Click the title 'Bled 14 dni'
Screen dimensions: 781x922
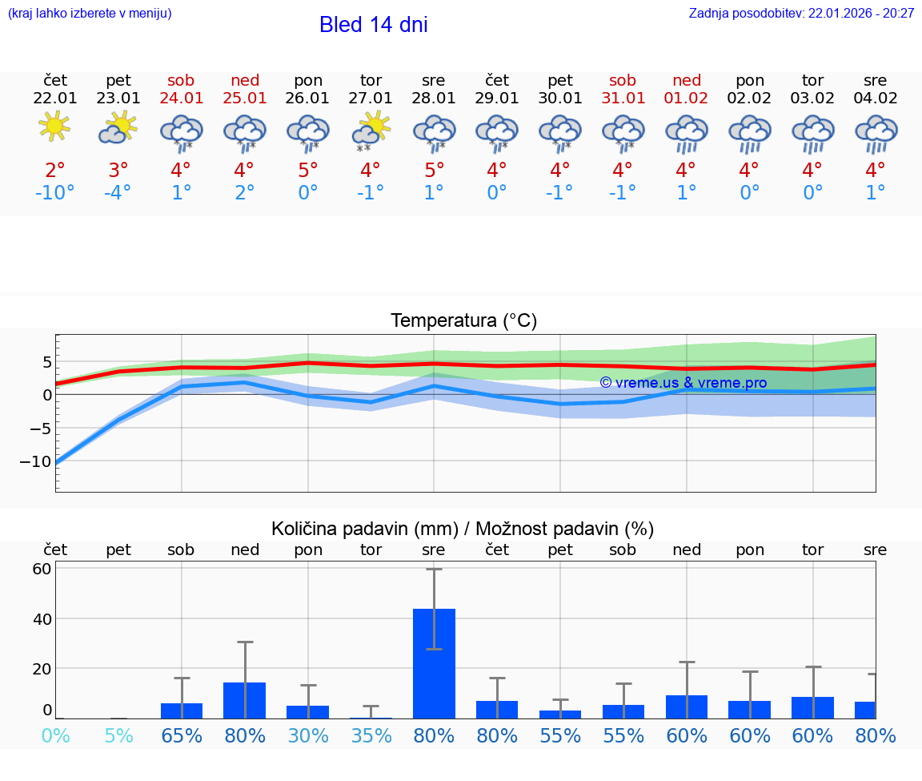(373, 25)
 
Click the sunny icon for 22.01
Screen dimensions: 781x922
(54, 127)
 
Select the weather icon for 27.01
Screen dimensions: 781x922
(371, 131)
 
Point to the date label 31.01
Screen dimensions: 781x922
(623, 99)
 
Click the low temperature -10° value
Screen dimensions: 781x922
(54, 193)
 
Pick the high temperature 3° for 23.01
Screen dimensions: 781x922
(118, 171)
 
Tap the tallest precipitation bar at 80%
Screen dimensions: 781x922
(434, 662)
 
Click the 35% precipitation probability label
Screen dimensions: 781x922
(371, 735)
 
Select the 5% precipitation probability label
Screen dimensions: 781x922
(118, 735)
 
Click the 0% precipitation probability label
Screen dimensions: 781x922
(54, 735)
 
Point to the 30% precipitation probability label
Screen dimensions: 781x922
(308, 735)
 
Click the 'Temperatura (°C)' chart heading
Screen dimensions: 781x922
(463, 321)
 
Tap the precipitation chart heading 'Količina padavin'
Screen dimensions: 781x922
(463, 529)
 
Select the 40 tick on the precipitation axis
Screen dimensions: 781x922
(42, 619)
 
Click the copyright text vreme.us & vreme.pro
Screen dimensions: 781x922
(683, 383)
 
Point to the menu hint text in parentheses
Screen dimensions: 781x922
(90, 13)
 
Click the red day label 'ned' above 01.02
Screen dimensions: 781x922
(687, 80)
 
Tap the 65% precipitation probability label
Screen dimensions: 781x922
(182, 735)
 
